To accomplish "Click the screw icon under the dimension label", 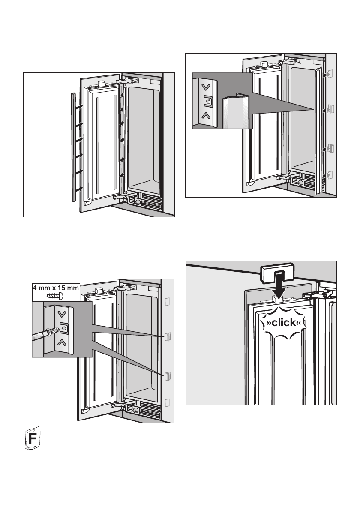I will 56,296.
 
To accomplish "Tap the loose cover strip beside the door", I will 73,146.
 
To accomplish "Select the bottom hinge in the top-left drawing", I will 123,197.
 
